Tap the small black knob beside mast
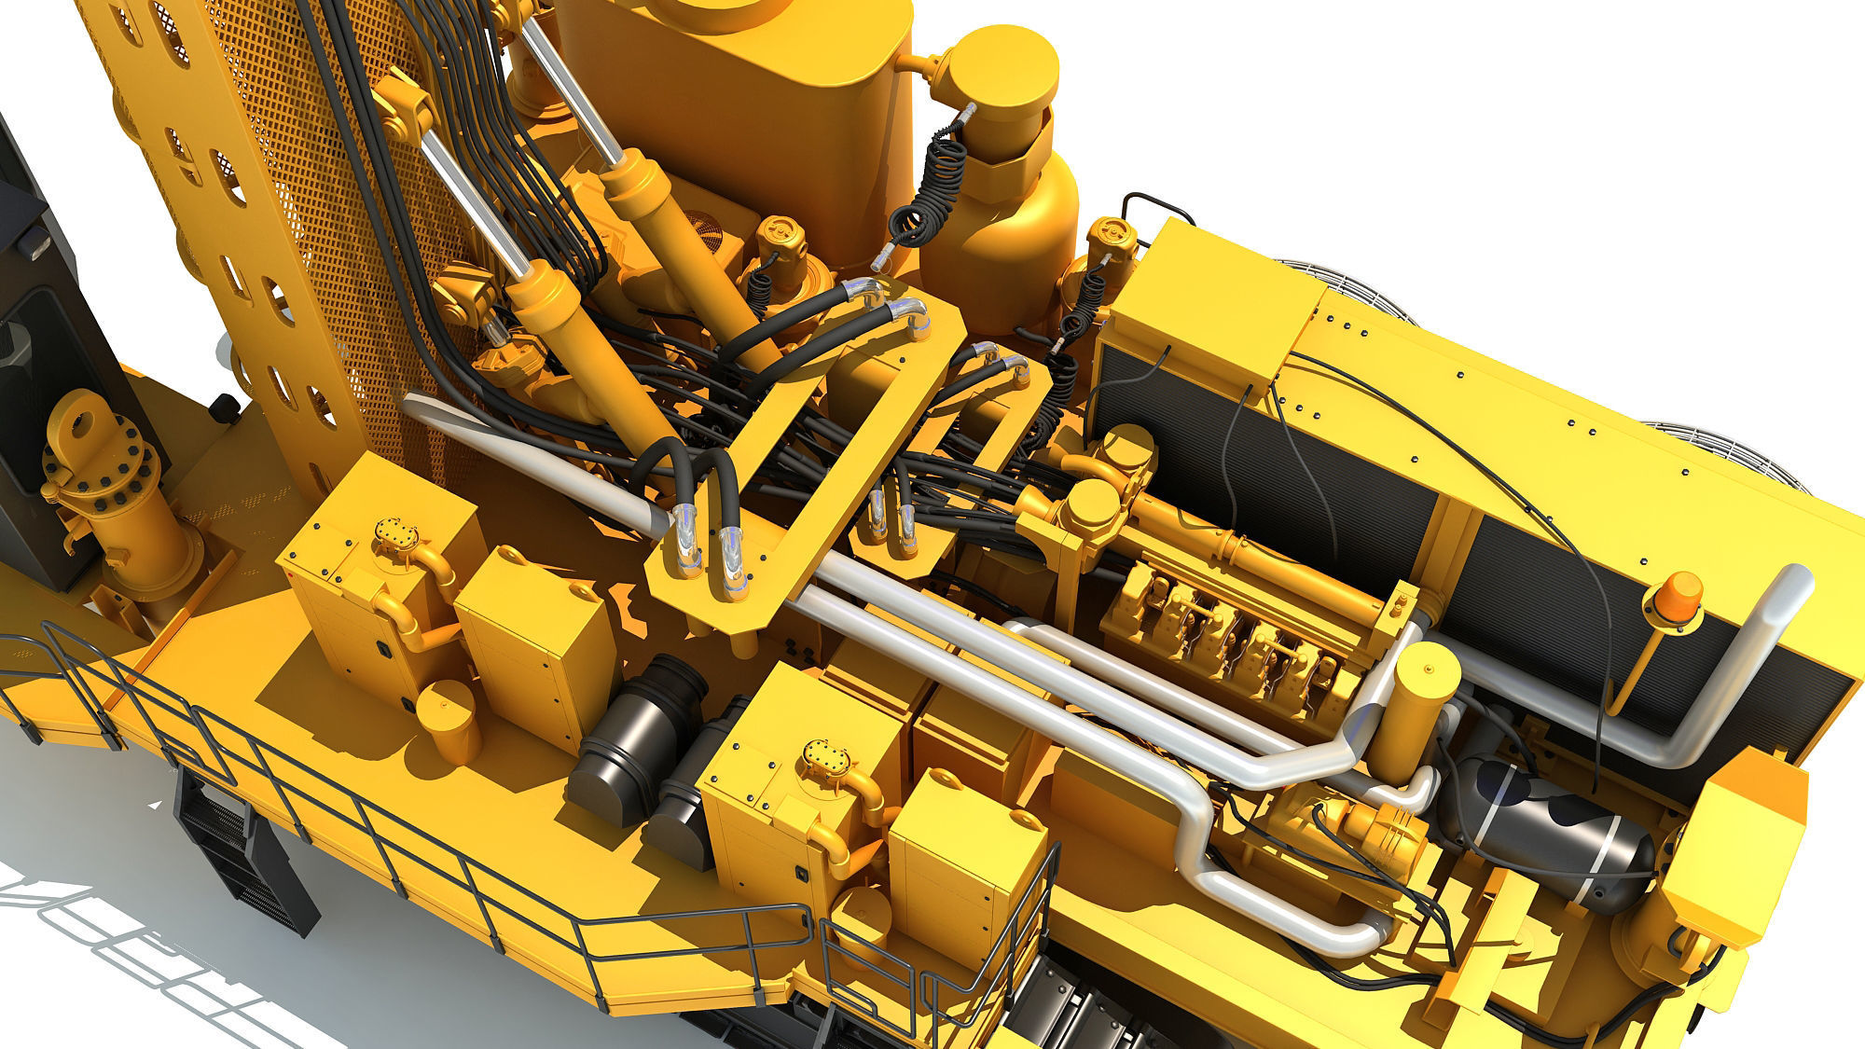pyautogui.click(x=224, y=407)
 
